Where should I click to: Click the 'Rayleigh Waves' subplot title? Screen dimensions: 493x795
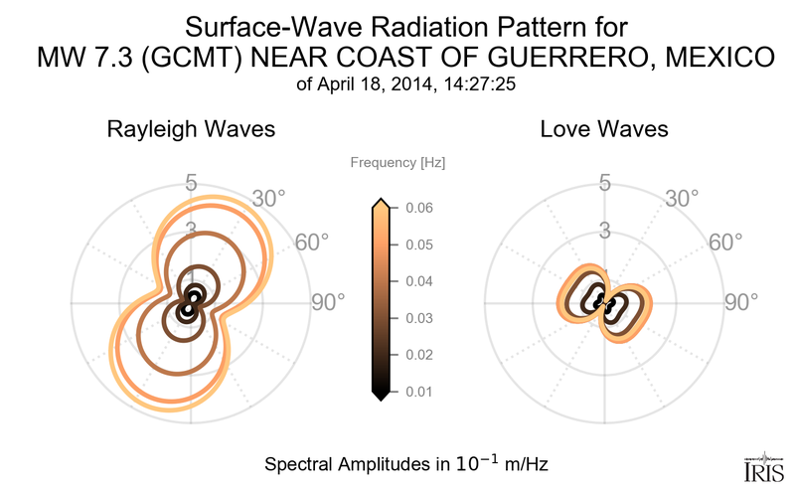[191, 129]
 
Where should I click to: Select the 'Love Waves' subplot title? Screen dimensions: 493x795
[603, 129]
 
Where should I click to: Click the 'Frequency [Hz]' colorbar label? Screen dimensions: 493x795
[390, 162]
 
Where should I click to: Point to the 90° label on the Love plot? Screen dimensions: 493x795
[741, 302]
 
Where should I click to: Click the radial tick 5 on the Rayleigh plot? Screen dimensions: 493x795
[190, 183]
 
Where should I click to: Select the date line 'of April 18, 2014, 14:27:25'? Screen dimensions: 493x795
[397, 84]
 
